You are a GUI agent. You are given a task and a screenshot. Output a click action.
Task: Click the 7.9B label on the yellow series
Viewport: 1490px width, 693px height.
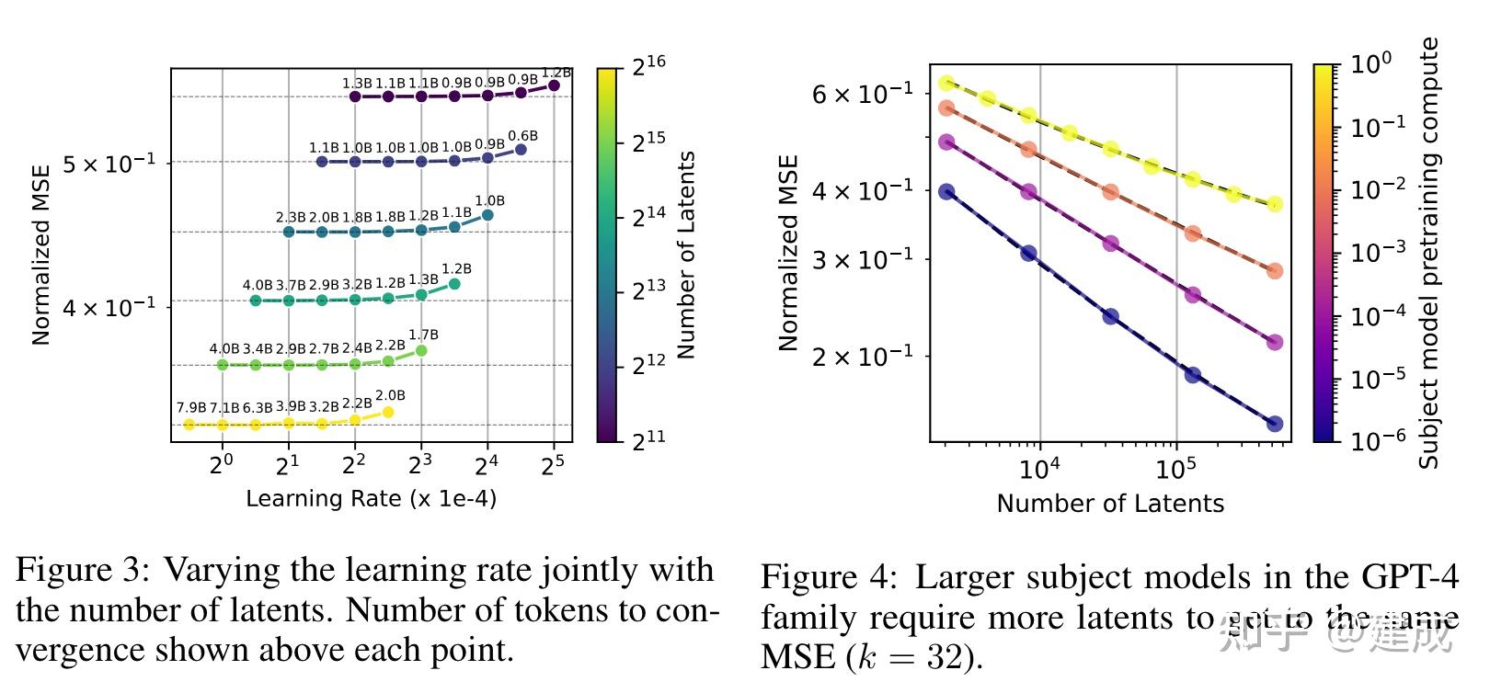191,408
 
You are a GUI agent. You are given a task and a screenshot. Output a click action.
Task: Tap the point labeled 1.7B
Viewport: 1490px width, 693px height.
421,350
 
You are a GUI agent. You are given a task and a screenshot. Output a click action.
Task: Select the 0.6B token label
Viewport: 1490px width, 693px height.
522,136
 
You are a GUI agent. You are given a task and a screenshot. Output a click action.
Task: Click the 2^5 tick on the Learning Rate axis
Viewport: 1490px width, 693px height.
553,465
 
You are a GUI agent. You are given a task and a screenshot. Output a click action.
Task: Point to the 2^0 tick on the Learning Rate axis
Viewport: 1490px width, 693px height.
222,465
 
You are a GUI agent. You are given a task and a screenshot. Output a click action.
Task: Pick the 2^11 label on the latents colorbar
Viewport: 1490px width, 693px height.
648,440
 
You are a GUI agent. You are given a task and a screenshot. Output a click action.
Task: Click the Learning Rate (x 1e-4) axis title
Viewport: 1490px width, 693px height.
371,499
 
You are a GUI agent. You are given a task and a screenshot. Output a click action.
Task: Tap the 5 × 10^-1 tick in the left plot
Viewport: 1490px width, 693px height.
109,164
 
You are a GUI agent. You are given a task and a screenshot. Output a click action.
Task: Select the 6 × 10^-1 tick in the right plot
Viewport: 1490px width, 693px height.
862,94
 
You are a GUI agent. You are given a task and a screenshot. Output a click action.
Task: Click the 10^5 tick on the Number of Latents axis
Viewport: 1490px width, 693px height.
1175,469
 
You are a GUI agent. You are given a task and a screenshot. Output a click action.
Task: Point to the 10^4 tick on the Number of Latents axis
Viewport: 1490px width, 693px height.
1039,469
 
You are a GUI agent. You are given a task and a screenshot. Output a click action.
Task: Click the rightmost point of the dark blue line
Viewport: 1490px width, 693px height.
1275,424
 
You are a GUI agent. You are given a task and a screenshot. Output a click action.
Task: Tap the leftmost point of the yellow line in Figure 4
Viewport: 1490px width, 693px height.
946,84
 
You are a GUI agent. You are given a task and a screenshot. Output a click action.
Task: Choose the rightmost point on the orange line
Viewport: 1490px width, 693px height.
1275,271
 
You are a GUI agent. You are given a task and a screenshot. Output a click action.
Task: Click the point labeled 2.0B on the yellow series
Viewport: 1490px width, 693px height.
388,412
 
